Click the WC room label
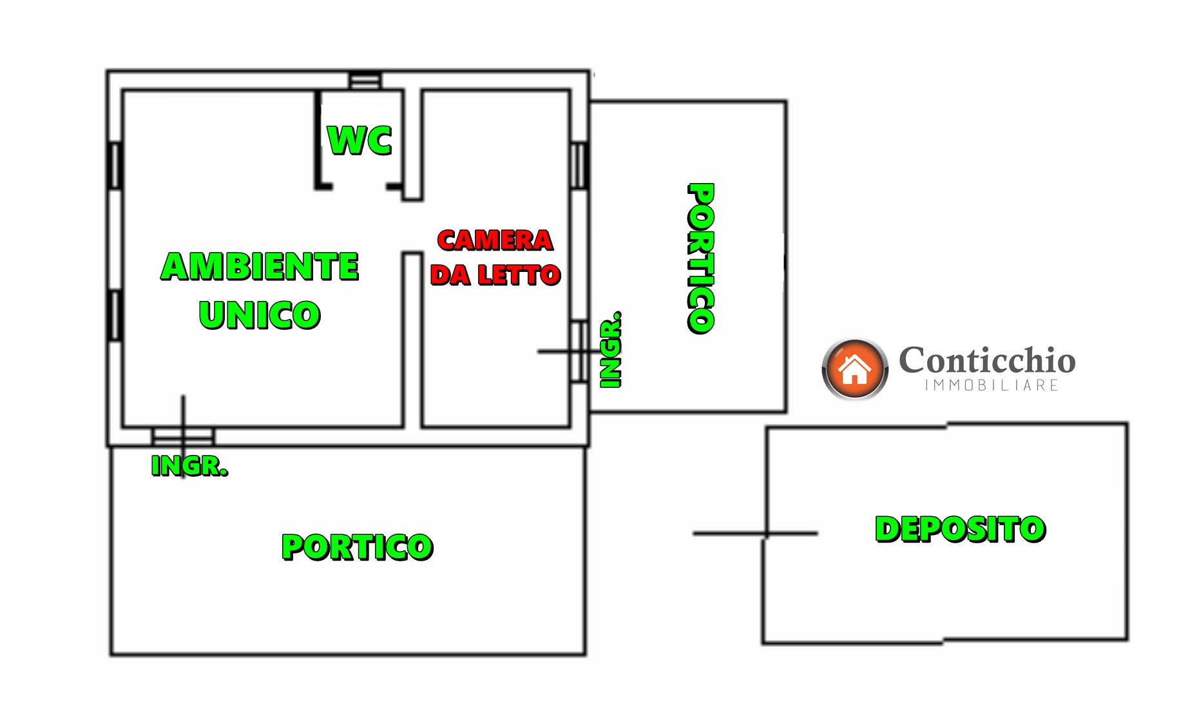(360, 140)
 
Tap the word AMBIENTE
(260, 266)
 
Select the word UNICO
(260, 315)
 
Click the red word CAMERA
(495, 240)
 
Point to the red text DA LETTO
(495, 275)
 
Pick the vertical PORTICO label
(701, 258)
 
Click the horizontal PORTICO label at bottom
(358, 547)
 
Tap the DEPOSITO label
(960, 529)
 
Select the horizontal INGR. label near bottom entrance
(189, 465)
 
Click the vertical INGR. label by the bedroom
(610, 350)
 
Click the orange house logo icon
(855, 369)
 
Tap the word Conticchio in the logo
(987, 360)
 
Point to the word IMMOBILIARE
(992, 385)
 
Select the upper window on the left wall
(115, 166)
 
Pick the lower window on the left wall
(115, 315)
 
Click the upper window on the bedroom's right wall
(579, 166)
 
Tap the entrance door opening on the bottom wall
(183, 437)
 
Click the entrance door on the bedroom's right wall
(579, 352)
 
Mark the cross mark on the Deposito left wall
(766, 534)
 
